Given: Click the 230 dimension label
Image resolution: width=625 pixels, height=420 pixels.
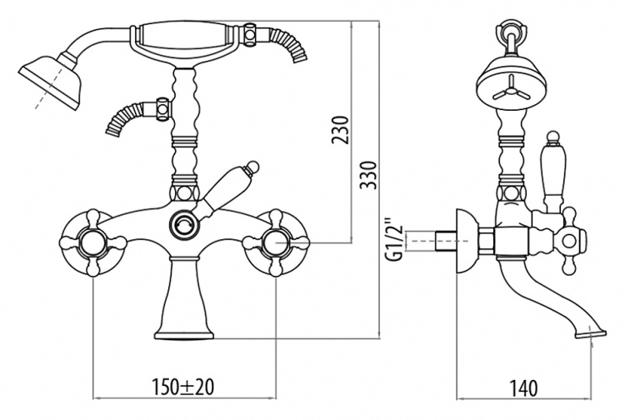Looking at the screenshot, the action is tap(340, 130).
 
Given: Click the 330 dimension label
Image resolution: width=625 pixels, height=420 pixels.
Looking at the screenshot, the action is tap(367, 175).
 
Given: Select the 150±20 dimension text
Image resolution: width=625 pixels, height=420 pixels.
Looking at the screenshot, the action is tap(183, 387).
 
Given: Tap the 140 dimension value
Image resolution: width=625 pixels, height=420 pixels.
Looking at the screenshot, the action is tap(523, 387).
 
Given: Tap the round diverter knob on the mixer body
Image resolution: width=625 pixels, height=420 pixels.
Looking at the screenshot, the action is tap(183, 224).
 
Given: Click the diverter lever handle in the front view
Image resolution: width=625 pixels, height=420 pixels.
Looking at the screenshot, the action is tap(227, 190).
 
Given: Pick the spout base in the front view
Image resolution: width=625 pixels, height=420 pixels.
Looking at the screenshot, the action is tap(184, 299).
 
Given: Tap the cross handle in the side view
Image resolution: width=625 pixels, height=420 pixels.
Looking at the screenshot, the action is tap(570, 241).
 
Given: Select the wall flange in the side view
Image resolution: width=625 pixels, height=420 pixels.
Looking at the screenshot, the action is tap(467, 240).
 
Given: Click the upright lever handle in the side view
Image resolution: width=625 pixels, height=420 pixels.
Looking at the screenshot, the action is tap(551, 172).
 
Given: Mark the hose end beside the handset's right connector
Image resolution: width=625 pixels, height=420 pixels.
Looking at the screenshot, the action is tap(288, 44).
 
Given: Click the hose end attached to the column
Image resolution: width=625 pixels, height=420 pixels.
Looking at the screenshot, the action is tap(125, 117).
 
